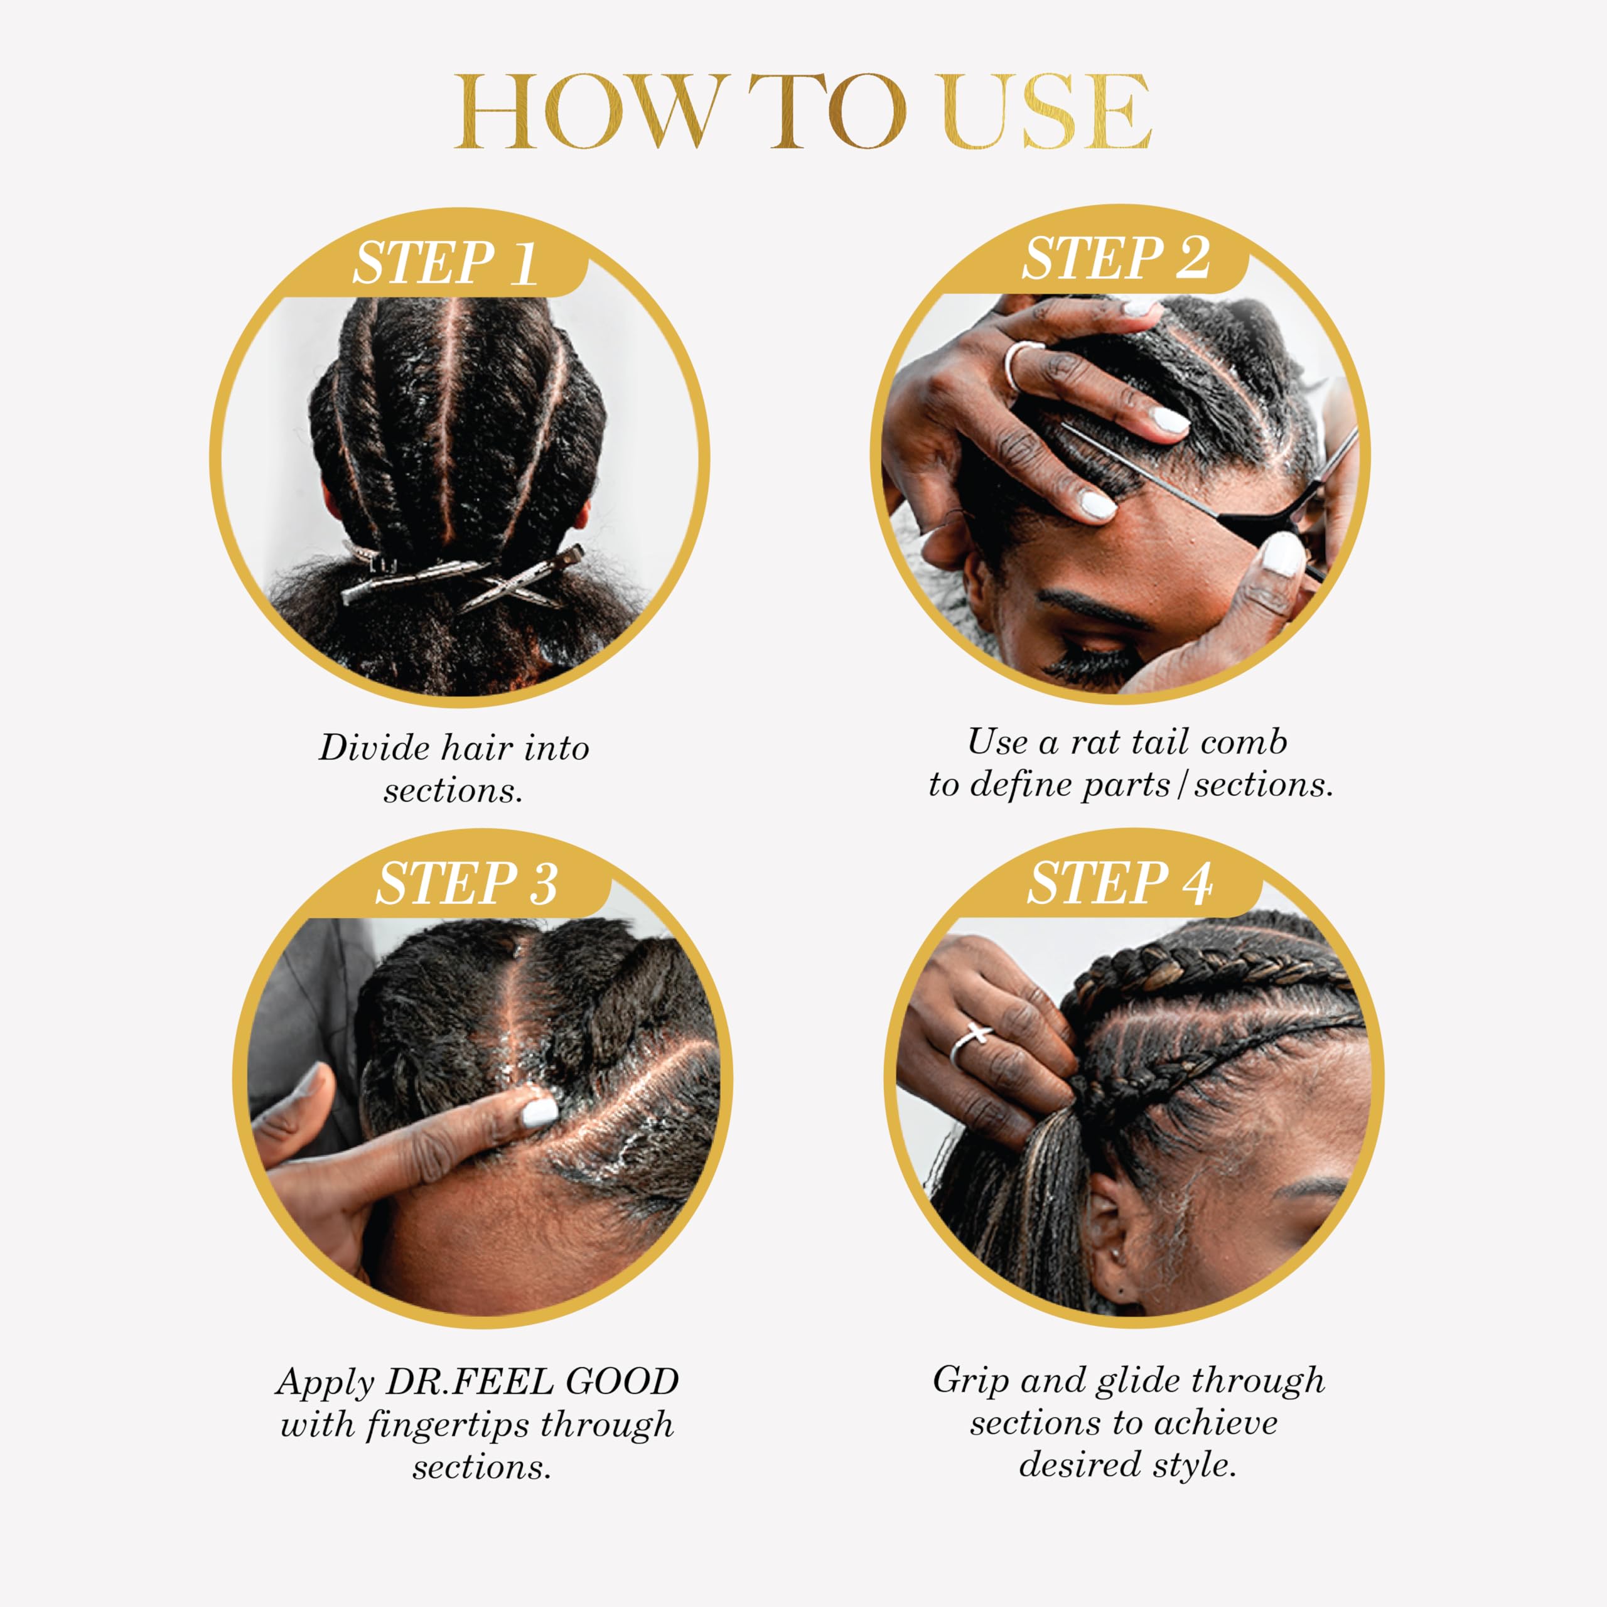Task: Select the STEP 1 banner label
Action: click(445, 264)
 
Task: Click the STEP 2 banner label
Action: click(1115, 259)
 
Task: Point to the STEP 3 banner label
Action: click(466, 883)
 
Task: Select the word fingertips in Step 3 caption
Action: click(449, 1425)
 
